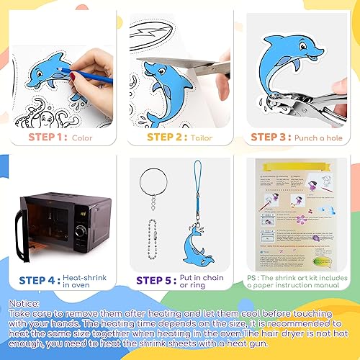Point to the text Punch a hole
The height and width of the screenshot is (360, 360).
[x=321, y=137]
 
